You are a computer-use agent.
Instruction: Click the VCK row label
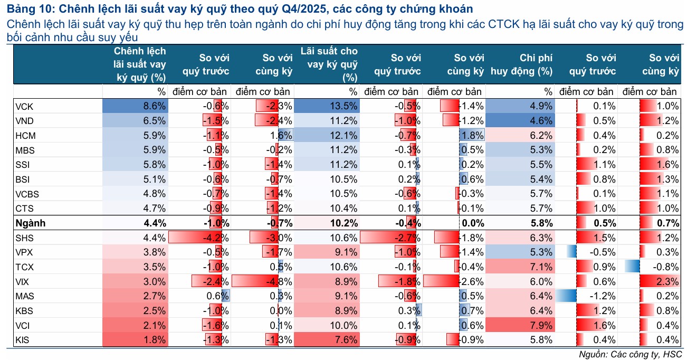click(25, 106)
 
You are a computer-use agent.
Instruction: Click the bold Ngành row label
click(31, 223)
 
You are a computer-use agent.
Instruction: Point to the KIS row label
click(24, 339)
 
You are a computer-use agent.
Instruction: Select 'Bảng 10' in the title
click(28, 9)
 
